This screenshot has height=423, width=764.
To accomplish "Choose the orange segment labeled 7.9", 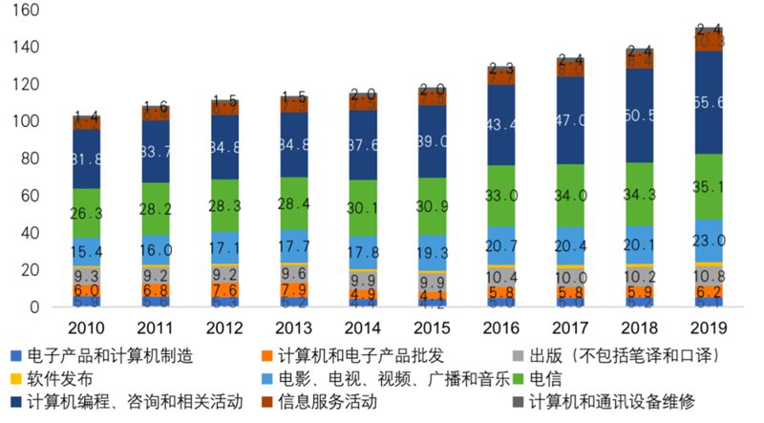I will point(293,289).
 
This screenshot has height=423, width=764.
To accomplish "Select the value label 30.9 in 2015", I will point(432,205).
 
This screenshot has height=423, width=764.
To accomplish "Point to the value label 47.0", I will point(569,120).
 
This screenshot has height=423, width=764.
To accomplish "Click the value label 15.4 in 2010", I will point(86,251).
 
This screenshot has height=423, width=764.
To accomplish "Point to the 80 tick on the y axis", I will point(29,159).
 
